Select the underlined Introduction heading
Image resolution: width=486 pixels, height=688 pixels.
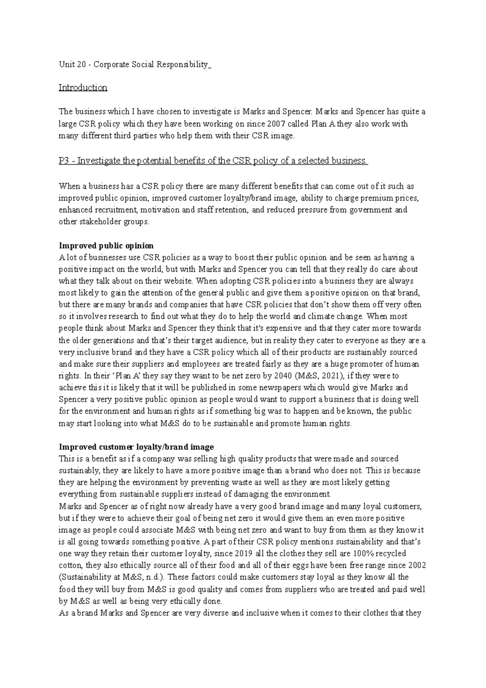[83, 88]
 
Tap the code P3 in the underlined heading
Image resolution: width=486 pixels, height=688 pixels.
[64, 161]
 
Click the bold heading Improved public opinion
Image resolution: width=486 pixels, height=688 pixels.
[106, 246]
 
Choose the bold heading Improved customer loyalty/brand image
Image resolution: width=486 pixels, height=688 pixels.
[136, 447]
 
